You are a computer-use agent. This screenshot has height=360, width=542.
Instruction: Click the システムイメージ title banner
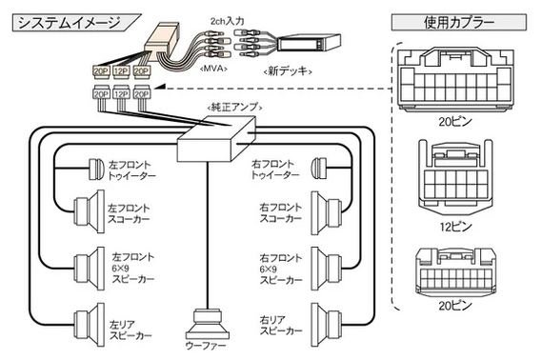[76, 23]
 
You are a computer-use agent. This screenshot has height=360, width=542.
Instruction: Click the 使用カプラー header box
[459, 23]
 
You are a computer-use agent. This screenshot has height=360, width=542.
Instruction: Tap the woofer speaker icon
[208, 324]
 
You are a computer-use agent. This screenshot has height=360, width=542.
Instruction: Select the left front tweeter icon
[96, 170]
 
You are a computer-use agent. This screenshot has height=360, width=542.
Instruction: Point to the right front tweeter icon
[319, 169]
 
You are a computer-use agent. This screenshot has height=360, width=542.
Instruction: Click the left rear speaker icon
[90, 325]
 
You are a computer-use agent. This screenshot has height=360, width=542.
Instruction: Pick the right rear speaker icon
[327, 325]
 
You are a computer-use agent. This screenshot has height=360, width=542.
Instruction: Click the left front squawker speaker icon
[90, 211]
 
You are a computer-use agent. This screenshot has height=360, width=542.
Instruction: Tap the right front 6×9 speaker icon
[327, 269]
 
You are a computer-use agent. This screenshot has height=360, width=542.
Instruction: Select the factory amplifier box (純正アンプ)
[216, 139]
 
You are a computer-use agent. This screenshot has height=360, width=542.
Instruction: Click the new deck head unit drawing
[309, 43]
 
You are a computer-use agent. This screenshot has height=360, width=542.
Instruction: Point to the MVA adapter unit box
[162, 39]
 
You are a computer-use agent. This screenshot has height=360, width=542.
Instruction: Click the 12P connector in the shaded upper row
[121, 70]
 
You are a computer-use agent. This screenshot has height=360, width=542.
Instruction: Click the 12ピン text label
[455, 227]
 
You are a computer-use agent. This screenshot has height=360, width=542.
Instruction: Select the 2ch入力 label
[227, 21]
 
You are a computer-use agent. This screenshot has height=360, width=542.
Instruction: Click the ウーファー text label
[206, 346]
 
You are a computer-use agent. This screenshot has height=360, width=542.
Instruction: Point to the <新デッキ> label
[288, 71]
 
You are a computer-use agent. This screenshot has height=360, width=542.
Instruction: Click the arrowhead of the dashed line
[159, 87]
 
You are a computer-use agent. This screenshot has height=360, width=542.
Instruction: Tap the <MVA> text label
[213, 69]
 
